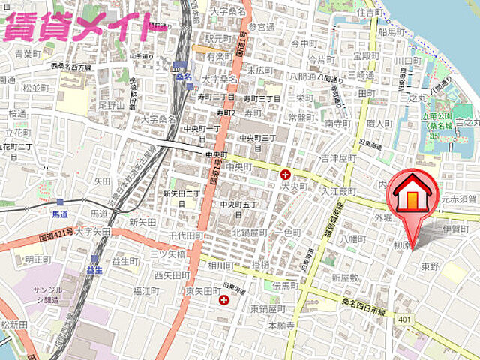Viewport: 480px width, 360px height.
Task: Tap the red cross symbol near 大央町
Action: tap(285, 175)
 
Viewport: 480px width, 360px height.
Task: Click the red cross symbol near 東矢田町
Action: tap(223, 301)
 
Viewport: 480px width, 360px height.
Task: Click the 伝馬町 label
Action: tap(286, 286)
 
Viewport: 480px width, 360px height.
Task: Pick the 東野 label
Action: tap(430, 265)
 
